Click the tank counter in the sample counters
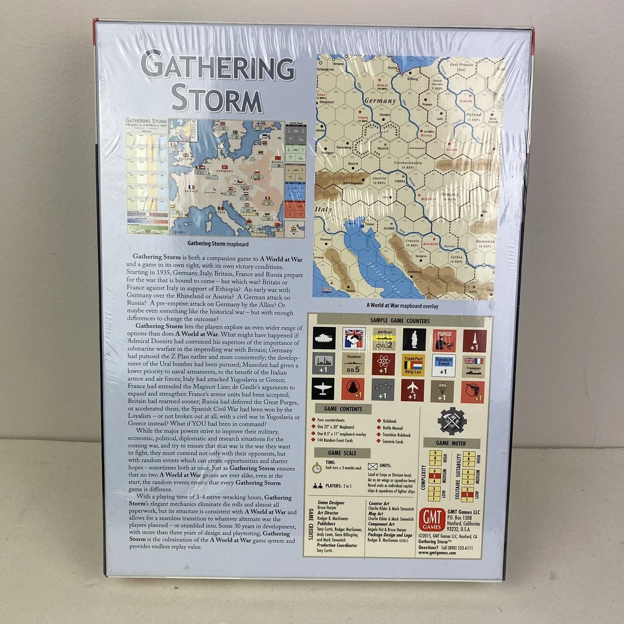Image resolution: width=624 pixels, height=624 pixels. pos(323,339)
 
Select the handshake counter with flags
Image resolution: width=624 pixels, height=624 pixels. pos(354,339)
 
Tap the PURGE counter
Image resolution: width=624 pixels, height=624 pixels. pos(444,339)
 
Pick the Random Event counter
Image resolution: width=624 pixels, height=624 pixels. pos(444,365)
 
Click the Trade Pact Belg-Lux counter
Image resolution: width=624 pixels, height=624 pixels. pos(413,365)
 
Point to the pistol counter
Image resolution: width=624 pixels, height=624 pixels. pos(473,391)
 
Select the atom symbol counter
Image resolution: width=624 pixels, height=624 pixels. pos(383,365)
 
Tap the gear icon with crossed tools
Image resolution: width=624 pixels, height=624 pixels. pos(452,421)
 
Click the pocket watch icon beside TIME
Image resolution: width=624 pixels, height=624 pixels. pos(317,467)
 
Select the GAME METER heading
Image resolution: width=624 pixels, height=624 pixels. pos(451,442)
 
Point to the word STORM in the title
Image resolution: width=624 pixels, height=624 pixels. pos(216,100)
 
